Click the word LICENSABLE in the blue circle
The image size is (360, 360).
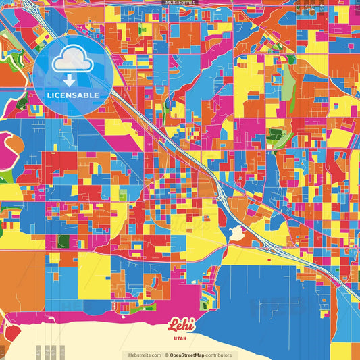(x=72, y=95)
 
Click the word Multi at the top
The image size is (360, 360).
(x=172, y=3)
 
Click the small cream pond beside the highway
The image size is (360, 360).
(x=236, y=234)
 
